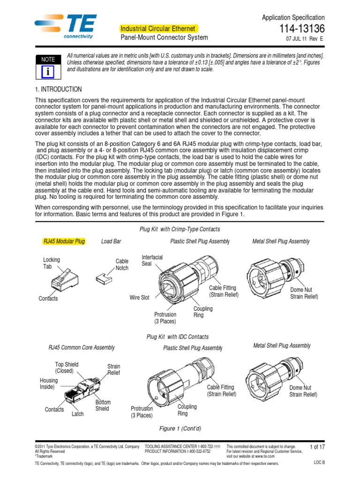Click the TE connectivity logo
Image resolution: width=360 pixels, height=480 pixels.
click(x=66, y=27)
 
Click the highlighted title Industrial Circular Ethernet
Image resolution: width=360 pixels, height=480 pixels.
click(x=158, y=29)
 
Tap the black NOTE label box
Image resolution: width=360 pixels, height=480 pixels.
click(x=48, y=60)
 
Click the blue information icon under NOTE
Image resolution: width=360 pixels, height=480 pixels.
click(x=48, y=71)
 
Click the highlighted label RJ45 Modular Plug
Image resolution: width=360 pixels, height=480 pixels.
click(x=64, y=241)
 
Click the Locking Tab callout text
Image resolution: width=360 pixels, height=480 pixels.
click(x=52, y=262)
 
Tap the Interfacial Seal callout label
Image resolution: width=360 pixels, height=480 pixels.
click(x=152, y=260)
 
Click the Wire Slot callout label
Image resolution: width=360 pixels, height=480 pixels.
click(x=139, y=298)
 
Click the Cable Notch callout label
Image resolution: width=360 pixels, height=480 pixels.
click(x=122, y=265)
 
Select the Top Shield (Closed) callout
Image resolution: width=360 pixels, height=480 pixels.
click(x=67, y=367)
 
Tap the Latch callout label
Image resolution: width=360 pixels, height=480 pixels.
click(x=78, y=414)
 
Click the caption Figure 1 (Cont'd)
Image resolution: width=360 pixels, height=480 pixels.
click(x=180, y=428)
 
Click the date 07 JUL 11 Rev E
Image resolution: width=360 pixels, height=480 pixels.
click(x=304, y=39)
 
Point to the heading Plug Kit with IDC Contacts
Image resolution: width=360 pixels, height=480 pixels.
click(x=178, y=337)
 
